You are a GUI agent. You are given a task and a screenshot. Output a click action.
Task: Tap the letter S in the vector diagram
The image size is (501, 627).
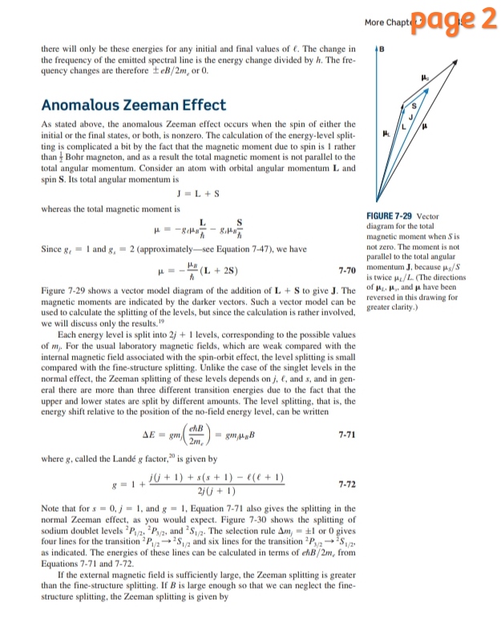tap(415, 107)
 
